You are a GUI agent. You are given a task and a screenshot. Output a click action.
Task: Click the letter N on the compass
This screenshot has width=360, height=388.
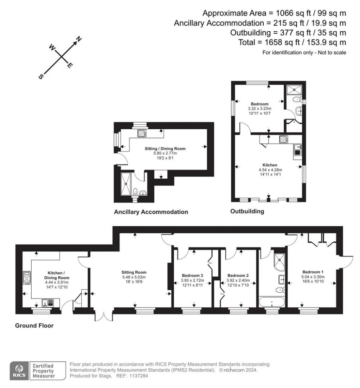click(79, 39)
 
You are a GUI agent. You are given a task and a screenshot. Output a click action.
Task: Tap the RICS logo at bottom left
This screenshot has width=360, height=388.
click(18, 371)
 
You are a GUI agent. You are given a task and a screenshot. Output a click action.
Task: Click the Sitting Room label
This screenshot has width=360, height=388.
click(134, 272)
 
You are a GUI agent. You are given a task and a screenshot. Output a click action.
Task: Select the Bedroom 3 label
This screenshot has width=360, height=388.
click(192, 275)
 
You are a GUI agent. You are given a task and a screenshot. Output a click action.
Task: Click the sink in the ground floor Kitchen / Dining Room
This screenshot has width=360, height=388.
click(47, 302)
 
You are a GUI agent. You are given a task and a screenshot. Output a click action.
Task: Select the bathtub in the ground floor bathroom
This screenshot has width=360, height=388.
click(272, 302)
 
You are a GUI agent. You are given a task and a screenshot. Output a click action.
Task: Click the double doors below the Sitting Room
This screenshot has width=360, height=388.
click(104, 316)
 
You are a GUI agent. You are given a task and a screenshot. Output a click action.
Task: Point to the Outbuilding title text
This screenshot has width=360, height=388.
click(247, 211)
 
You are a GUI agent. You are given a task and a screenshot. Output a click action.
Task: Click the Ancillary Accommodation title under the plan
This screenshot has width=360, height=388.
click(151, 212)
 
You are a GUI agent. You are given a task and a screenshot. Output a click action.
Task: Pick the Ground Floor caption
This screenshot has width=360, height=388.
click(34, 325)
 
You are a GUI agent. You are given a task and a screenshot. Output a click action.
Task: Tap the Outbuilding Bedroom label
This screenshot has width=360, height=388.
click(259, 104)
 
